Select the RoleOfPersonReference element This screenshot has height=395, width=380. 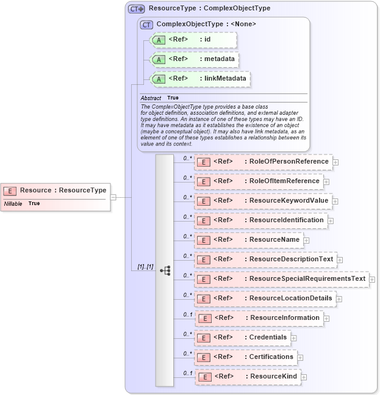[263, 162]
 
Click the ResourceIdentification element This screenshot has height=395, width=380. [260, 220]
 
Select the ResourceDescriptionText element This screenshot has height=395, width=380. [265, 259]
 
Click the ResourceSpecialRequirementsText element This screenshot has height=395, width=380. [281, 279]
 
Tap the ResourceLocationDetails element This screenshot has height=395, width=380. [265, 299]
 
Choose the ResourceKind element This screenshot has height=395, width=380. [247, 377]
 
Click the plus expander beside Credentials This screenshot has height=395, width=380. [294, 338]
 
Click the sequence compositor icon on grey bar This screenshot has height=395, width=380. [165, 270]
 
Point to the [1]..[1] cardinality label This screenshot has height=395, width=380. [142, 267]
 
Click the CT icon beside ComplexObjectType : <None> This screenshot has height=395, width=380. [146, 24]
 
